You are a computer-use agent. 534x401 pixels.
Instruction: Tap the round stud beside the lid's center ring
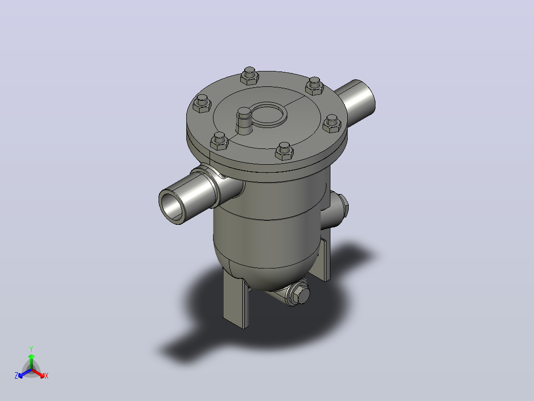click(x=244, y=121)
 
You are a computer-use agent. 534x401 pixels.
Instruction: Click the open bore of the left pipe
click(x=172, y=207)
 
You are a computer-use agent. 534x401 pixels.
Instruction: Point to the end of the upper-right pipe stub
click(x=365, y=98)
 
